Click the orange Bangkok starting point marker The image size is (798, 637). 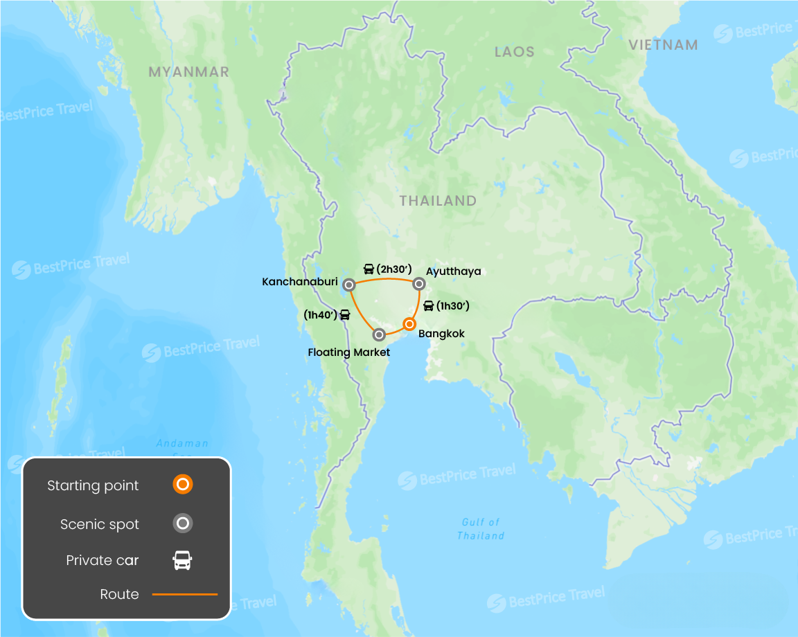coord(409,324)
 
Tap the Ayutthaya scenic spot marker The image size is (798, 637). coord(418,284)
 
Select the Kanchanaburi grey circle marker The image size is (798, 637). coord(349,285)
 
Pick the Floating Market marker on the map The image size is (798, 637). coord(379,335)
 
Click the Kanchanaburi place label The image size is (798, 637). coord(300,282)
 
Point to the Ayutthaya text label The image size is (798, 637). coord(454,271)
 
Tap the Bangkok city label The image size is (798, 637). coord(441,334)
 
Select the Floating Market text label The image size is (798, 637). coord(349,352)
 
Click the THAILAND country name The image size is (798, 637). coord(438,201)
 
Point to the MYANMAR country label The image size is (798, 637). coord(188,72)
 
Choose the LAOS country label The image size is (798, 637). coord(515,52)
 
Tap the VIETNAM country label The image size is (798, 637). coord(663,45)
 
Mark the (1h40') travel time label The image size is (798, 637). coord(320,314)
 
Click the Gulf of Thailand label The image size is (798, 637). coord(481,529)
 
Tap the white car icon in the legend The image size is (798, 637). coord(182,560)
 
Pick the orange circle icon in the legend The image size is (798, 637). coord(182,485)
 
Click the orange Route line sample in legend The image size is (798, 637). coord(184,594)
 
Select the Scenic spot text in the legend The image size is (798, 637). coord(100,524)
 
